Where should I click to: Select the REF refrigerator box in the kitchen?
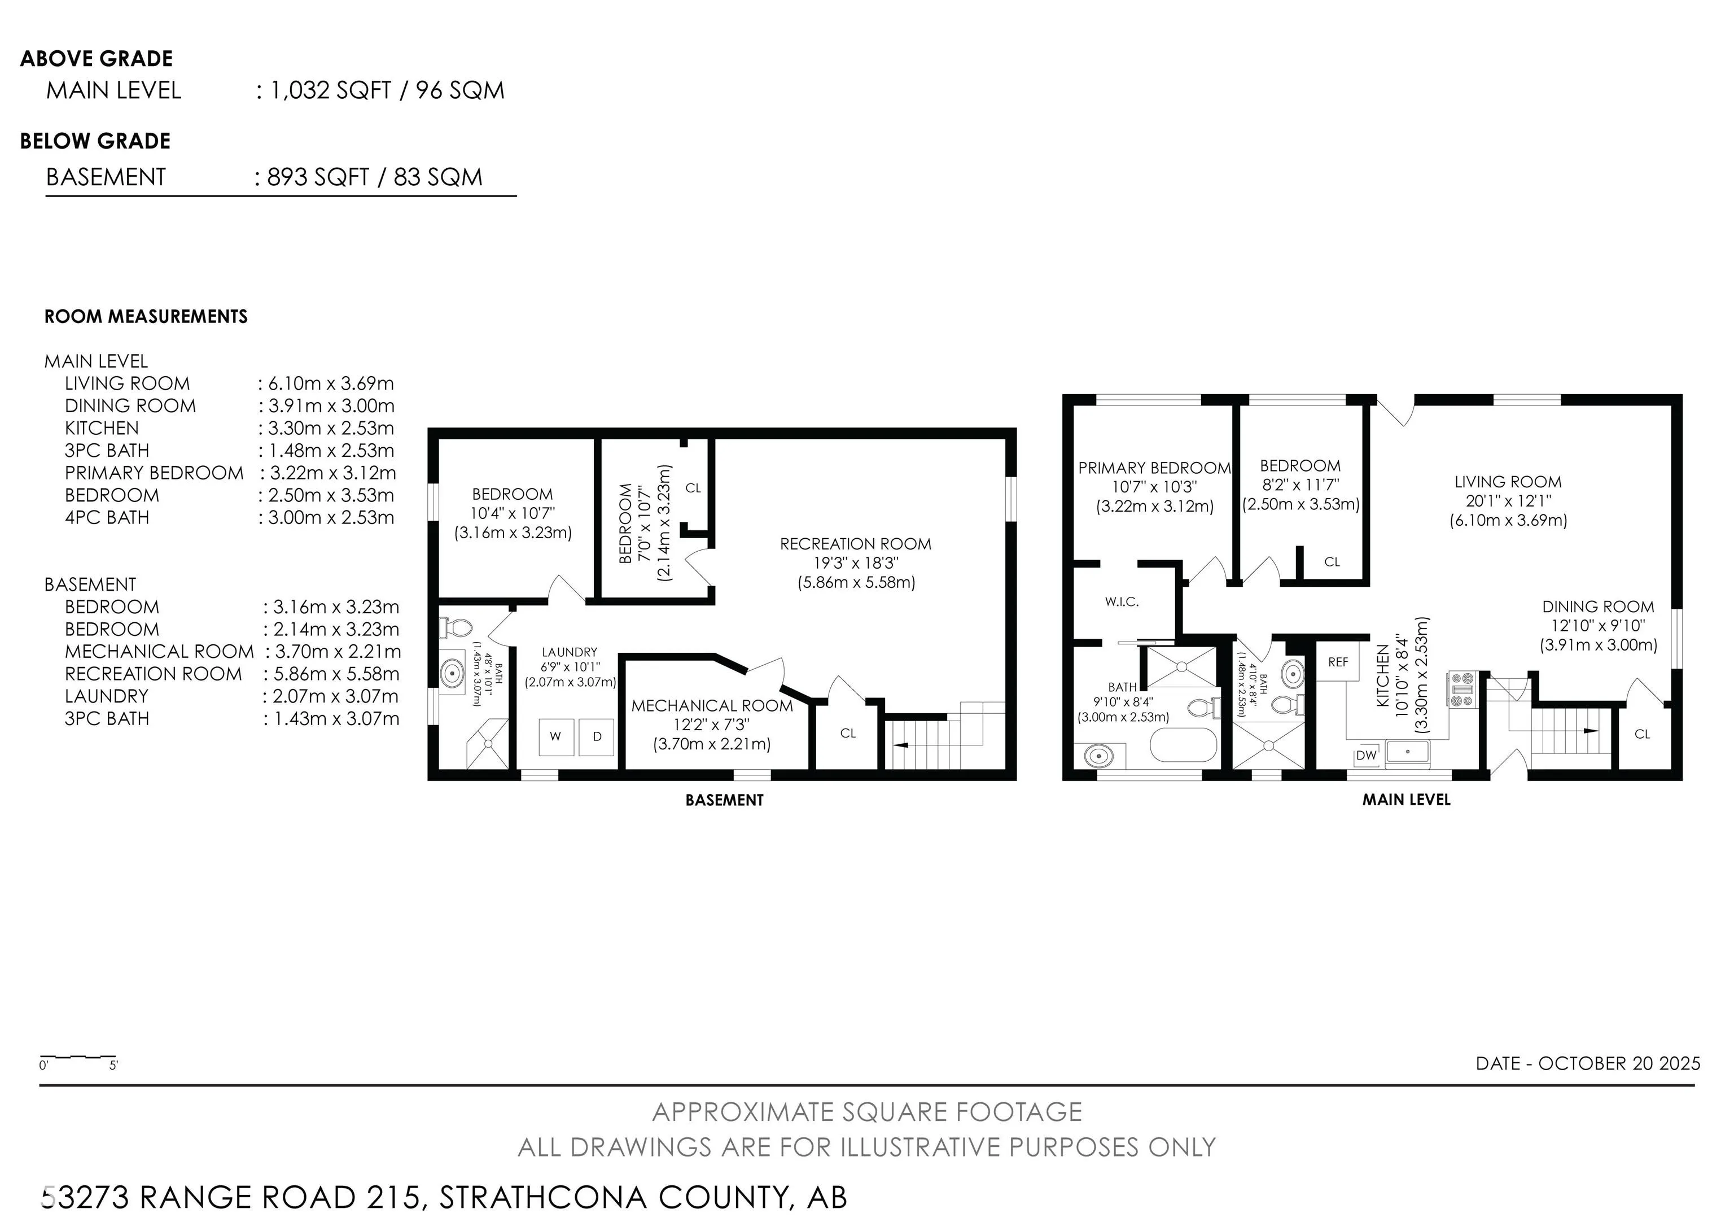click(1338, 662)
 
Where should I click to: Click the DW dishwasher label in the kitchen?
click(1366, 754)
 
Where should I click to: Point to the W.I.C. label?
click(1122, 602)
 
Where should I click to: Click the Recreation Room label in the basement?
click(856, 544)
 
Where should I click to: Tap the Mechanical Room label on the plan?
click(712, 705)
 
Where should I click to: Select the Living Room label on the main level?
click(1508, 482)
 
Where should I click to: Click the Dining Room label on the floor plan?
click(1598, 607)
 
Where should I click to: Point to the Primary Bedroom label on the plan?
click(1155, 468)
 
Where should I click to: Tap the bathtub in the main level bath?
click(1184, 745)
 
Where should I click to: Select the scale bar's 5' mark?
click(113, 1066)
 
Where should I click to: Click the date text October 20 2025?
click(1619, 1063)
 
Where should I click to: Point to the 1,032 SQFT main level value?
click(331, 91)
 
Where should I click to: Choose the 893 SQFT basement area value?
click(318, 177)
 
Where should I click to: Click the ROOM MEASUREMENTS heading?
click(146, 316)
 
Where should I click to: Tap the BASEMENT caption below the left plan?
click(724, 800)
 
